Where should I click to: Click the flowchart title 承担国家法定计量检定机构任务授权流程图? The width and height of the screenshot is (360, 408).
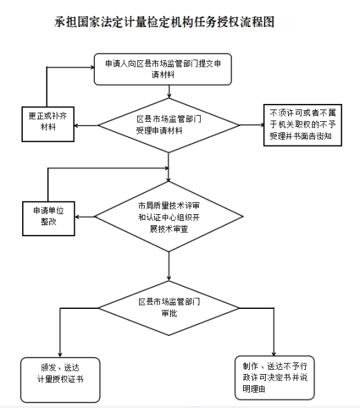click(x=164, y=22)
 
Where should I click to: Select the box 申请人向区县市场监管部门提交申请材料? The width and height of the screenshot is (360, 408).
click(x=163, y=69)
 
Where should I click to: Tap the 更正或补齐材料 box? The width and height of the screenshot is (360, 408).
click(x=48, y=124)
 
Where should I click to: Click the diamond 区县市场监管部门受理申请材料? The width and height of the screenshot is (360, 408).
click(x=168, y=125)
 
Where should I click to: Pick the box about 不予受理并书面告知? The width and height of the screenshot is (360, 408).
click(x=303, y=125)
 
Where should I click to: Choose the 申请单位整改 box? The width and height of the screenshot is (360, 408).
click(x=48, y=219)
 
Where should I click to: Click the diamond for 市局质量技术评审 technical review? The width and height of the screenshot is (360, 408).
click(x=168, y=217)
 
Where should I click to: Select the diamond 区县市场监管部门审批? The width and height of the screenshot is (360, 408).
click(x=168, y=308)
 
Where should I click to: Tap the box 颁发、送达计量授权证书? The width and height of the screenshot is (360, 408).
click(x=60, y=380)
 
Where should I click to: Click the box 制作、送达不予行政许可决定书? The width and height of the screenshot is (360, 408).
click(x=275, y=378)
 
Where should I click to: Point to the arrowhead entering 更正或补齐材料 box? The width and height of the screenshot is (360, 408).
click(x=76, y=125)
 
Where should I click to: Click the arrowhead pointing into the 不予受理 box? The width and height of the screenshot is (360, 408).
click(x=262, y=125)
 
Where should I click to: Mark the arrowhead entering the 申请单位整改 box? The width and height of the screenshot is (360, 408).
click(x=77, y=217)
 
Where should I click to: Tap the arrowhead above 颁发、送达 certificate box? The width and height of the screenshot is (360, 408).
click(x=60, y=355)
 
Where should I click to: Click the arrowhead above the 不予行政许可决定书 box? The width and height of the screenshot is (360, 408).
click(x=273, y=353)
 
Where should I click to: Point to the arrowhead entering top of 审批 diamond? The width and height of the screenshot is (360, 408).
click(x=169, y=278)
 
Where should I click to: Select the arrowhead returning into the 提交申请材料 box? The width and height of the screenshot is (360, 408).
click(x=92, y=67)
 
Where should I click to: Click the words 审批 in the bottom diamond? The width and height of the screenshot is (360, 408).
click(x=169, y=313)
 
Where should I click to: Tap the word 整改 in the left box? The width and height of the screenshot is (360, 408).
click(x=48, y=222)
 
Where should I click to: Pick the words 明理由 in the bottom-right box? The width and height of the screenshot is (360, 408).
click(x=254, y=389)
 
